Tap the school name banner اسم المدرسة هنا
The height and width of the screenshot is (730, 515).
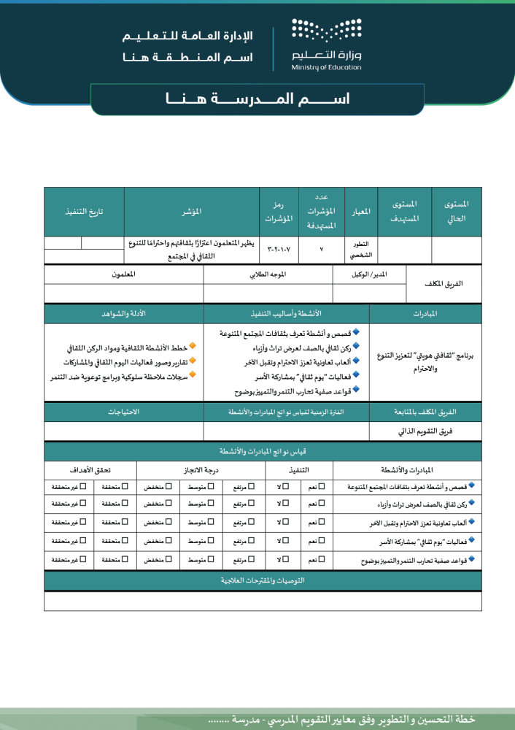[x=257, y=99]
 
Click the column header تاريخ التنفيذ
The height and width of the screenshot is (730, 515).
[x=84, y=212]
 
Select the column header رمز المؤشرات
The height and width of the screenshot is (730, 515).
[x=278, y=212]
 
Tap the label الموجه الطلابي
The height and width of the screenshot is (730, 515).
[x=268, y=274]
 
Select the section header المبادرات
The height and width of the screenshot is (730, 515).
[x=425, y=314]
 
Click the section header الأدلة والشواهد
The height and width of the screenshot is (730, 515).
[x=123, y=314]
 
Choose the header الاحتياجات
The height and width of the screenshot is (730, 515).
[x=123, y=412]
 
